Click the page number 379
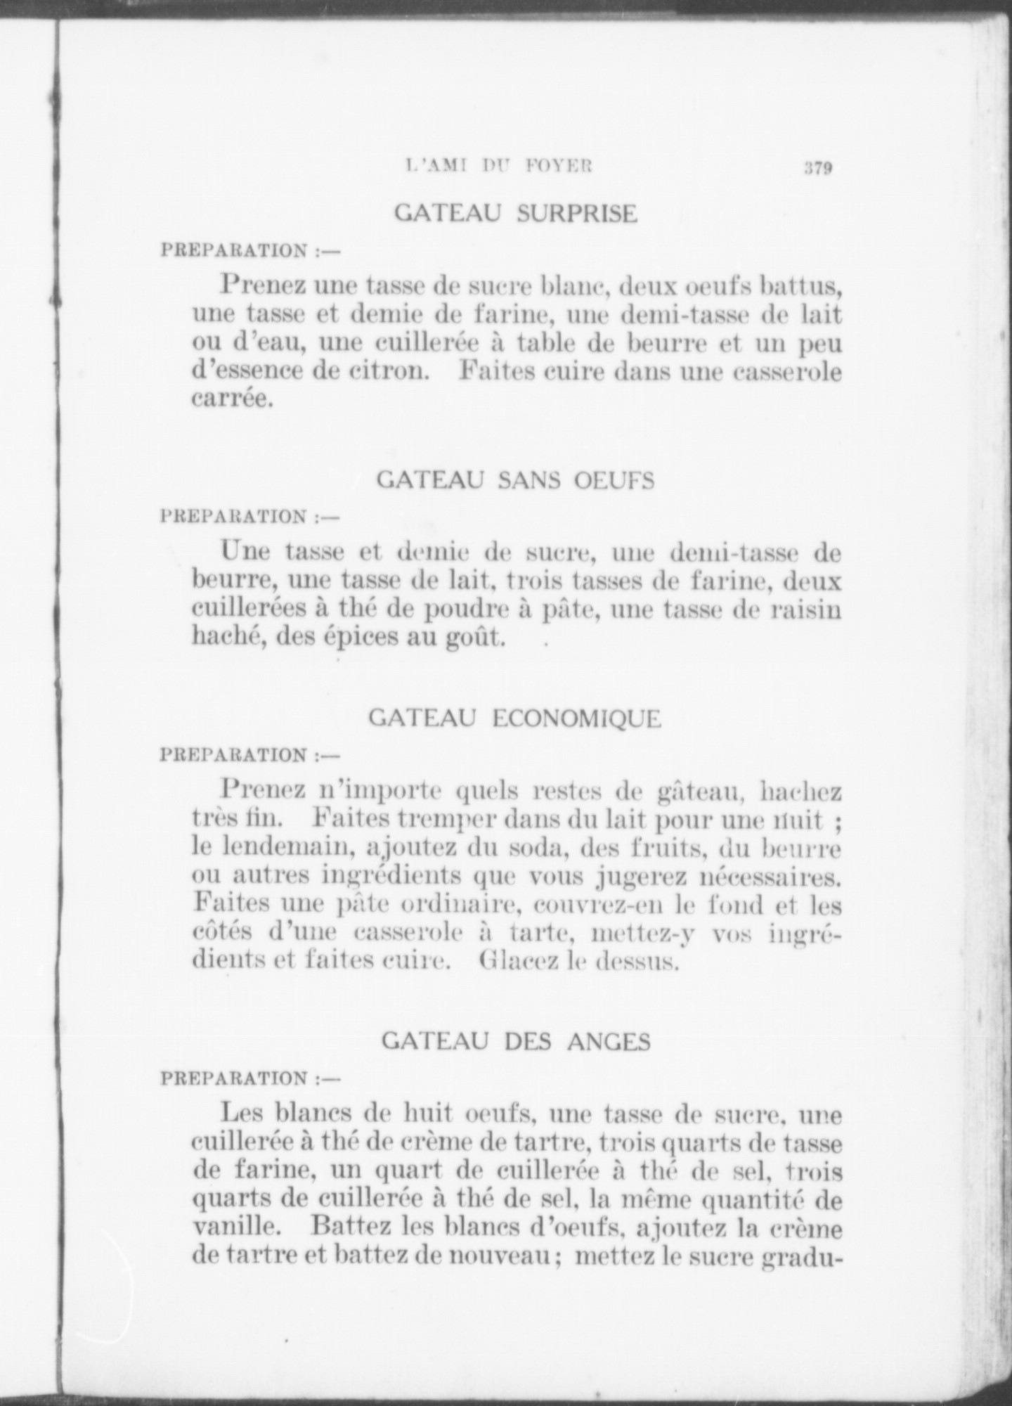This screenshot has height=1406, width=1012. click(818, 169)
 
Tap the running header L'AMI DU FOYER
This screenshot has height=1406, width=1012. click(500, 167)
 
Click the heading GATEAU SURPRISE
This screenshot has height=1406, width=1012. click(516, 213)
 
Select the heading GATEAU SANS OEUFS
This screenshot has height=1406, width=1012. click(516, 480)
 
